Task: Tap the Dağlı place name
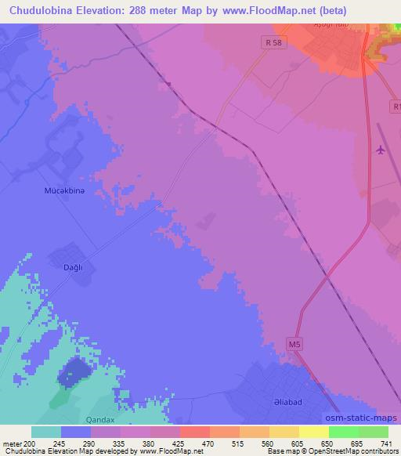[63, 267]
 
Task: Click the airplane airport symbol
[381, 150]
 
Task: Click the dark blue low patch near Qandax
[72, 370]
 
